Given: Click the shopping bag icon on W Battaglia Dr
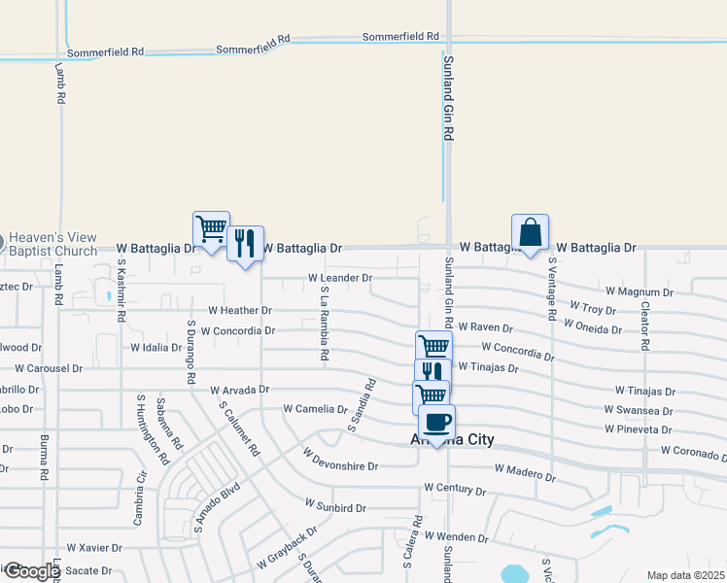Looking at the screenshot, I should pyautogui.click(x=530, y=233).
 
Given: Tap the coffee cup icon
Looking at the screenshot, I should pyautogui.click(x=436, y=423).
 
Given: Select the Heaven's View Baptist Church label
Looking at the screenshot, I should pyautogui.click(x=53, y=245).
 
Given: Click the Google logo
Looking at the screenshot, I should pyautogui.click(x=33, y=571).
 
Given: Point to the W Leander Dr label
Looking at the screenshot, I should pyautogui.click(x=340, y=278).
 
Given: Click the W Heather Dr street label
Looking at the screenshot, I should pyautogui.click(x=240, y=311).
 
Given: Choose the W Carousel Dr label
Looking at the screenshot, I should pyautogui.click(x=49, y=369).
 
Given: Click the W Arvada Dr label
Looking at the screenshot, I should pyautogui.click(x=239, y=390).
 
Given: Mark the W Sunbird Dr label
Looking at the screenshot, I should pyautogui.click(x=335, y=506).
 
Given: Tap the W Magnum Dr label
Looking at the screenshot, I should pyautogui.click(x=640, y=291).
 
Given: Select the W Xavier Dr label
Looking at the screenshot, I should pyautogui.click(x=94, y=549).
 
